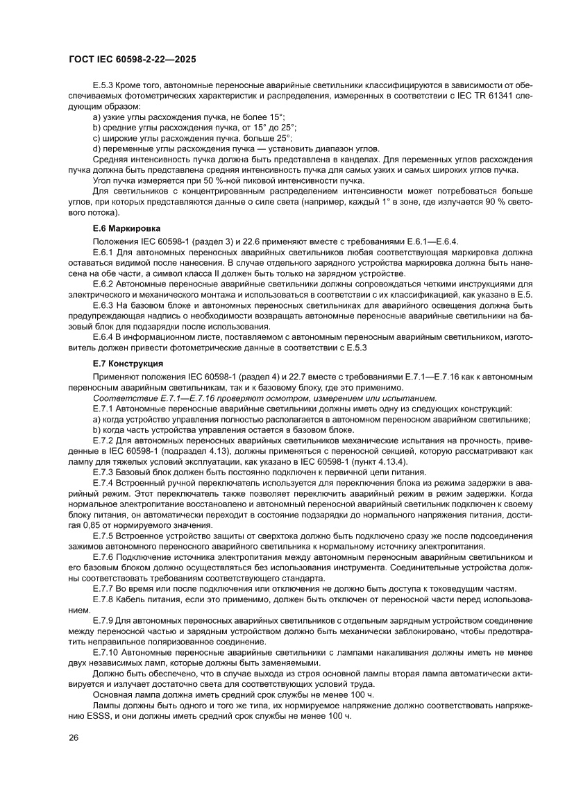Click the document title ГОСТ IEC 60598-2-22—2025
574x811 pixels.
pyautogui.click(x=132, y=60)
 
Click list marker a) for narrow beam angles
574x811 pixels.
pyautogui.click(x=96, y=117)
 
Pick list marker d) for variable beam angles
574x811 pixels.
pyautogui.click(x=96, y=148)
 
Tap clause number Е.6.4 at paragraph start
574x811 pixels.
pyautogui.click(x=103, y=336)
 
